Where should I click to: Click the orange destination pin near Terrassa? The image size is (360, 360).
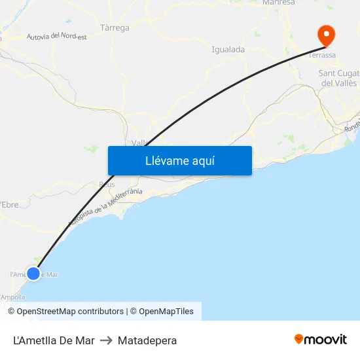coord(325,35)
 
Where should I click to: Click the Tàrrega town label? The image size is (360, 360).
coord(115,28)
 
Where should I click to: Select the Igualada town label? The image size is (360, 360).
coord(228,49)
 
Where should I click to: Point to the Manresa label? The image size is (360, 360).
coord(278,3)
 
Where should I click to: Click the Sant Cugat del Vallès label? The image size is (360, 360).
coord(338,78)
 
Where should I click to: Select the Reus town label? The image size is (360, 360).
coord(106,185)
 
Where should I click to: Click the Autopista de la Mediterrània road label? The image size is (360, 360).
coord(105,207)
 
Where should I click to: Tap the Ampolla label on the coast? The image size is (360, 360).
coord(12,297)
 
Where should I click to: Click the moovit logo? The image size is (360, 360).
coord(320,340)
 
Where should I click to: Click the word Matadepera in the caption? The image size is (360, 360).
coord(147,340)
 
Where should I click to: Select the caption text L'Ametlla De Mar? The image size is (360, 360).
coord(54,340)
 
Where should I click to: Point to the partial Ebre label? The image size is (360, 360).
coord(10,205)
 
